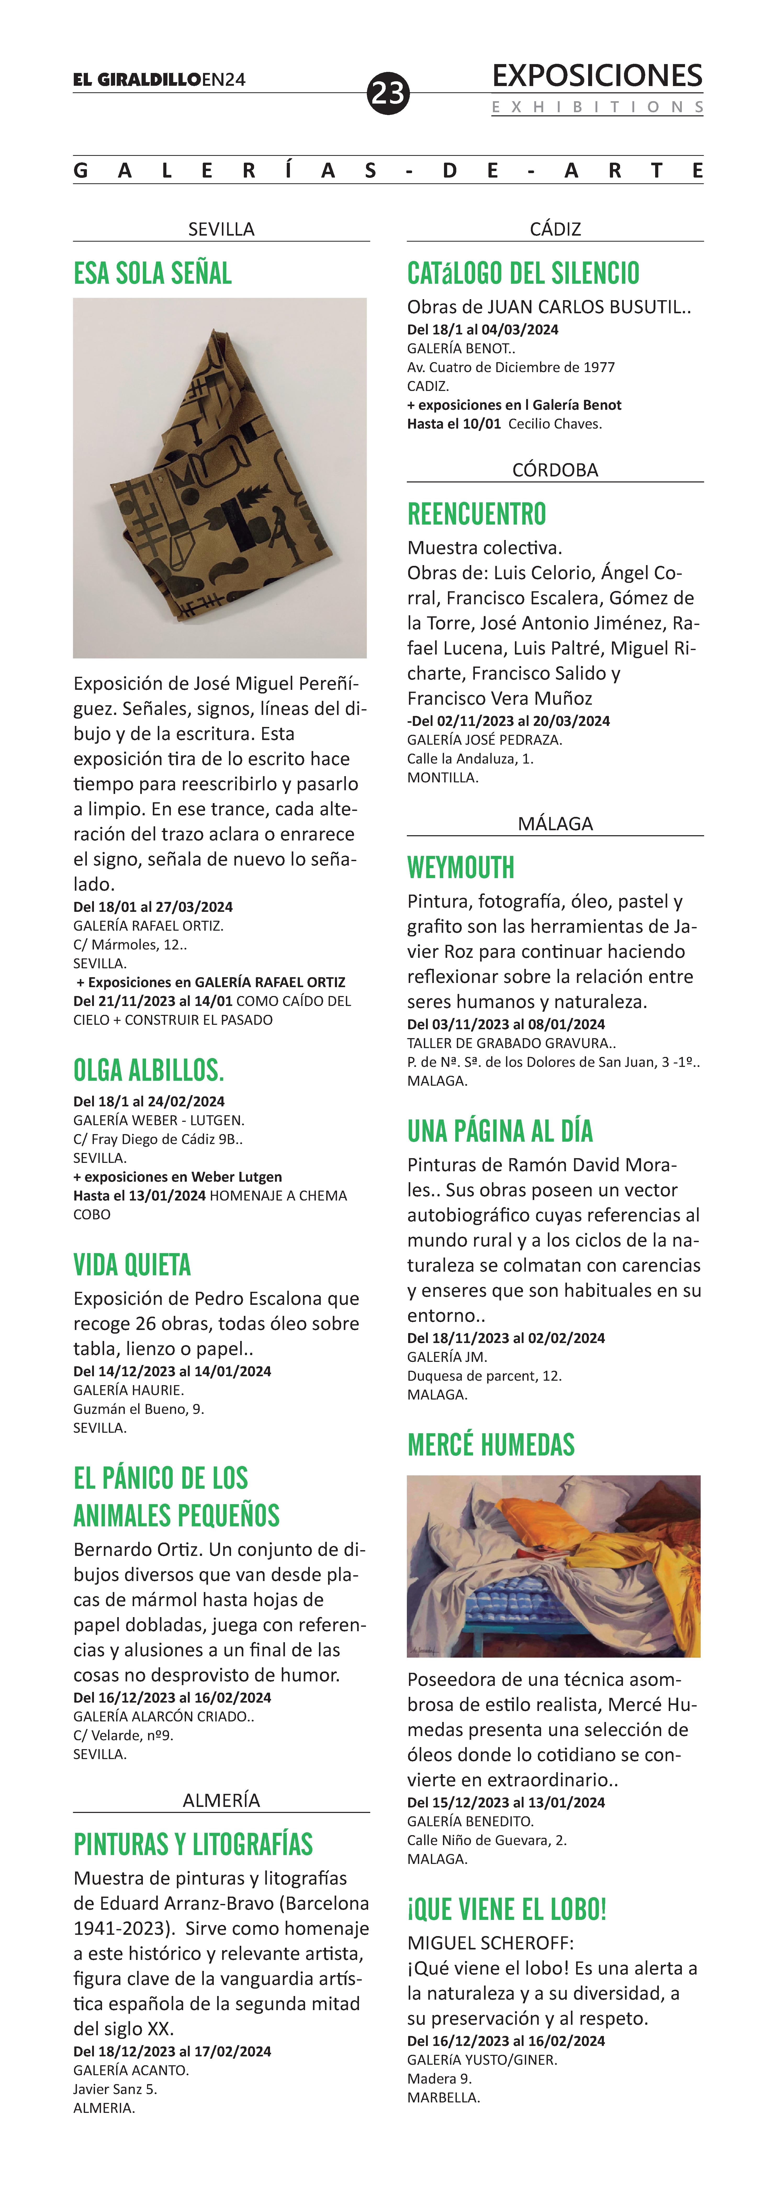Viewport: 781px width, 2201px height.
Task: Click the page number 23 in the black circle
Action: (388, 92)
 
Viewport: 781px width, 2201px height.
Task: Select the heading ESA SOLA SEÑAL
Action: (153, 274)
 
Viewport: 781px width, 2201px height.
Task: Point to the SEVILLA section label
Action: (221, 229)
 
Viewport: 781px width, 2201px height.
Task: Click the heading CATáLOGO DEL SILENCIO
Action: (523, 274)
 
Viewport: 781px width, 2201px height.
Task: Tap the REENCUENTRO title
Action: (477, 514)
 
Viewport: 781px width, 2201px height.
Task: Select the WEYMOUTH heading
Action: (460, 868)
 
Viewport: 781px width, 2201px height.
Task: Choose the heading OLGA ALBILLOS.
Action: (149, 1070)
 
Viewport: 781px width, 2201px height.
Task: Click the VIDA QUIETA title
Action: (132, 1265)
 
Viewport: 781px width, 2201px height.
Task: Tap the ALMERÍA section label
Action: (221, 1800)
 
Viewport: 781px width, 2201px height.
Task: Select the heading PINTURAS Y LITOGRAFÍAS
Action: (193, 1845)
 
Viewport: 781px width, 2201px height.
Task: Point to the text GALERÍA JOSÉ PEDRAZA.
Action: (485, 740)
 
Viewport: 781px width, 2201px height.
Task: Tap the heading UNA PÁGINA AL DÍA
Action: (500, 1131)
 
